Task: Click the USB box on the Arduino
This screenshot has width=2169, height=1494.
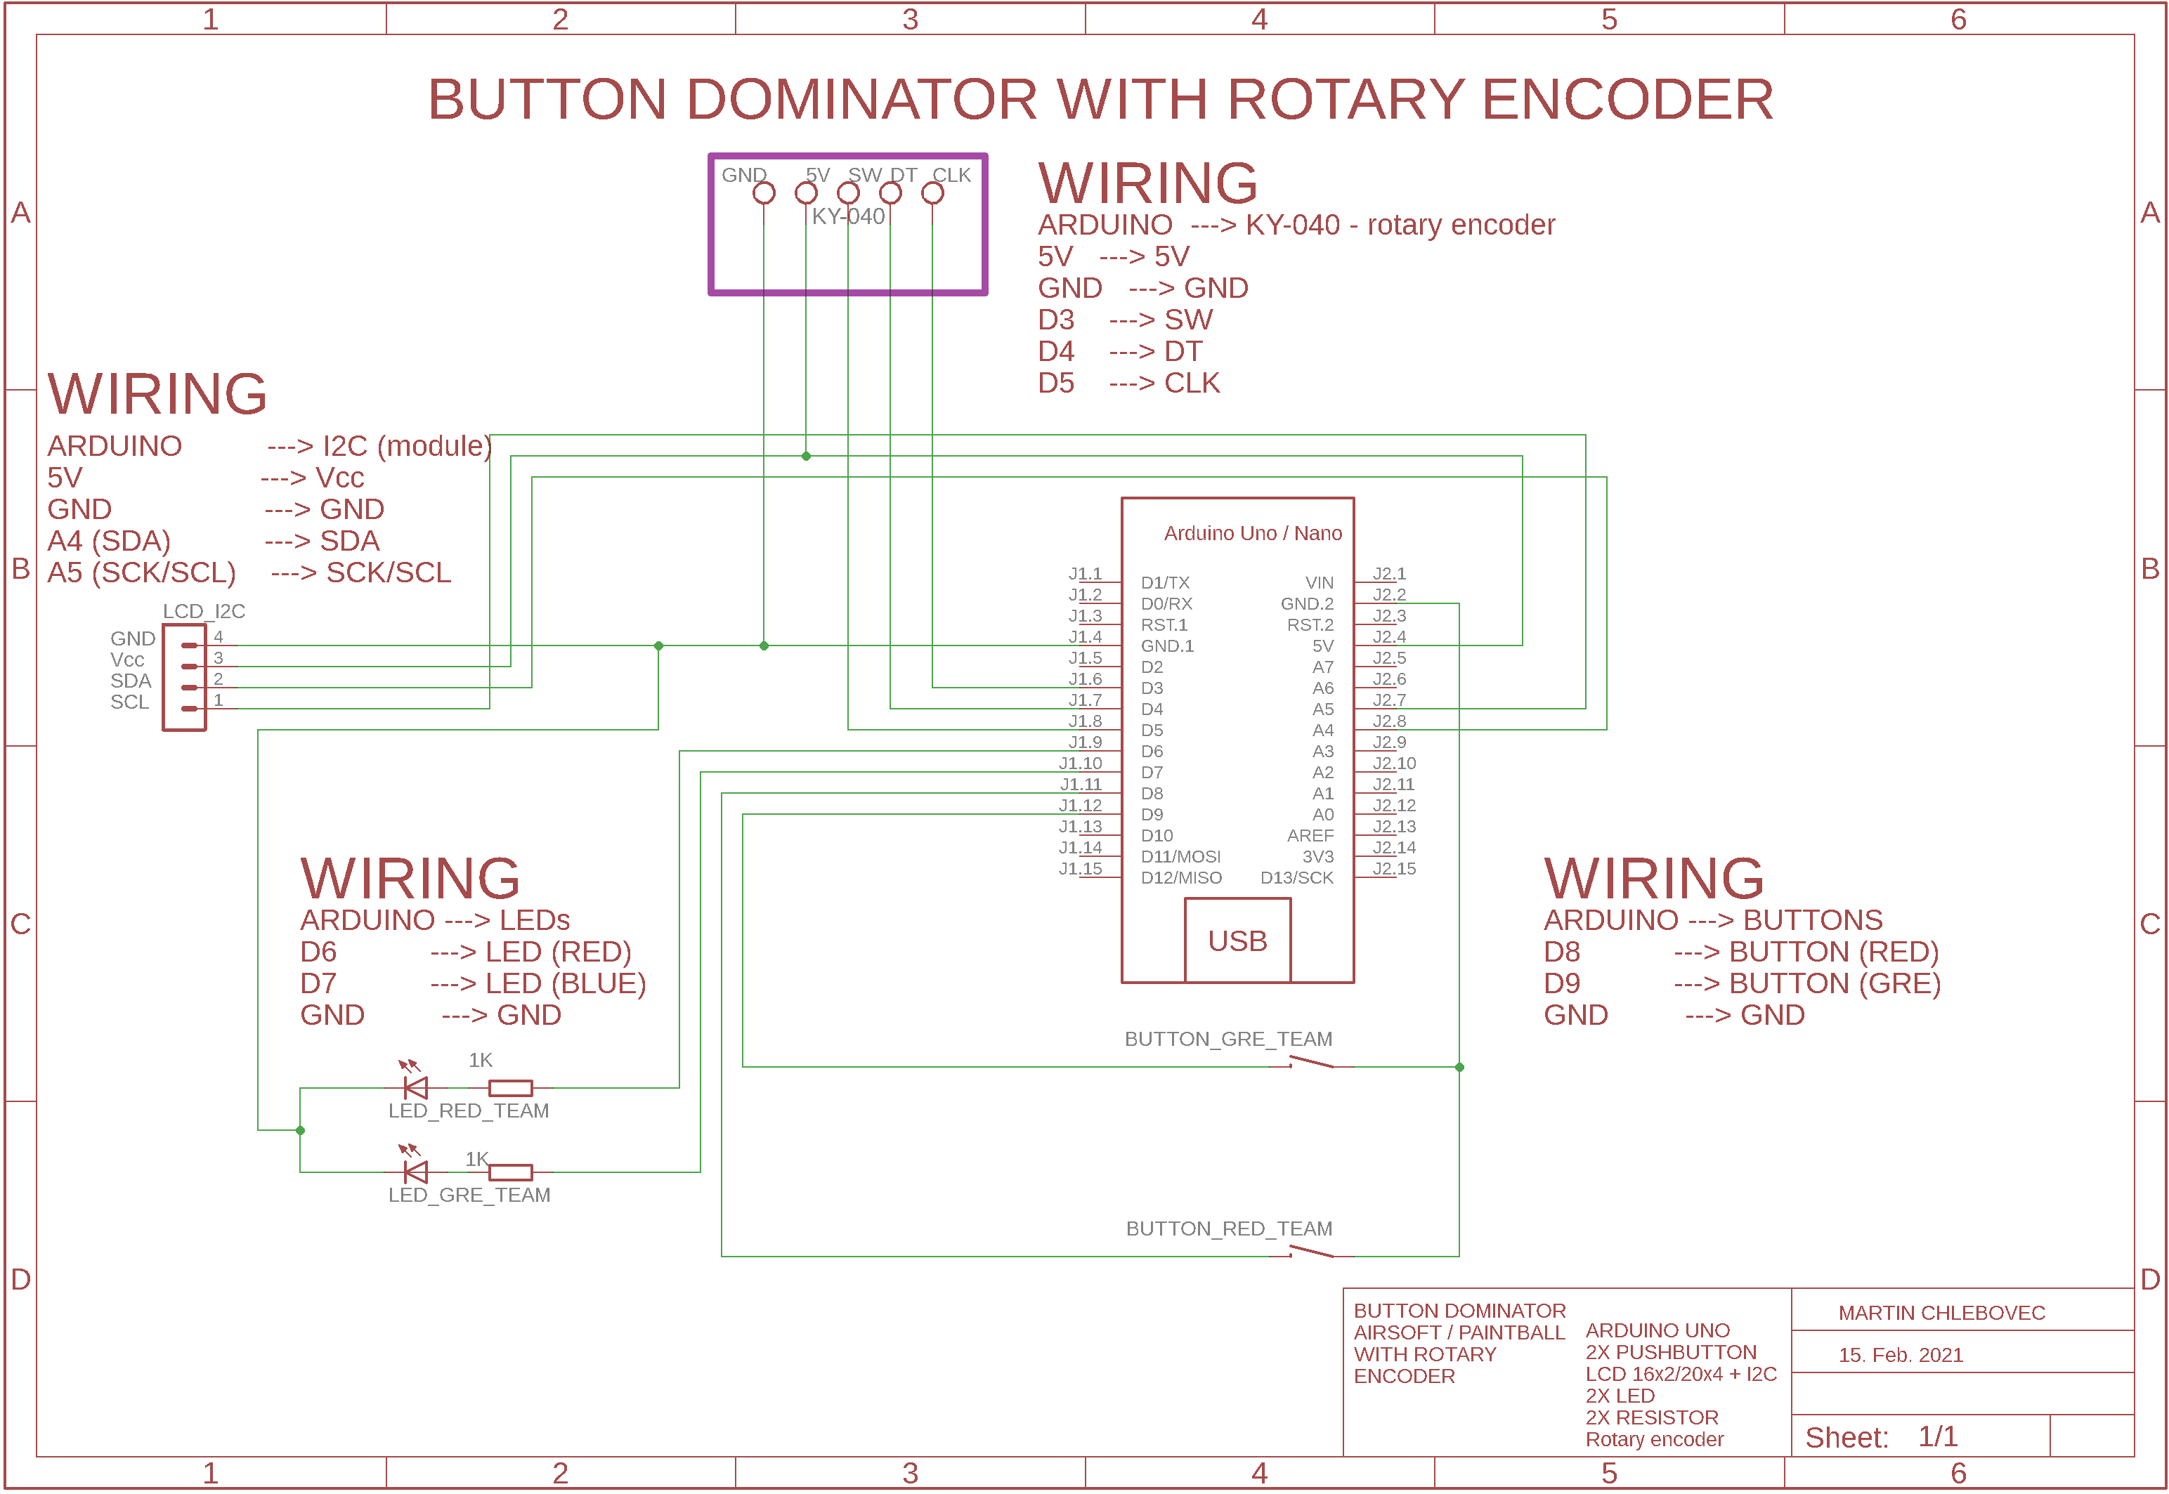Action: coord(1237,940)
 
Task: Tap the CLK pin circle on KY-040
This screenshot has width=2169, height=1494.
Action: coord(932,193)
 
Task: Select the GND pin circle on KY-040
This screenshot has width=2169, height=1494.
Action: coord(764,193)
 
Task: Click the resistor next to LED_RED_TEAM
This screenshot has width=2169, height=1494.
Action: coord(510,1088)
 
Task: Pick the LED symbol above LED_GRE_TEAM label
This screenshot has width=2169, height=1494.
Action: coord(415,1171)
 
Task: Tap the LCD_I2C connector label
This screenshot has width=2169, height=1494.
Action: coord(204,611)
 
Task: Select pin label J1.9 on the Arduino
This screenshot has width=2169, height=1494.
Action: coord(1086,742)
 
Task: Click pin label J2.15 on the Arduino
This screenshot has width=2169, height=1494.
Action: coord(1394,869)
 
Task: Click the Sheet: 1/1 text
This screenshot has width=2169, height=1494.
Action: coord(1881,1437)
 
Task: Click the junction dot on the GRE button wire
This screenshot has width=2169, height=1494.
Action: coord(1459,1067)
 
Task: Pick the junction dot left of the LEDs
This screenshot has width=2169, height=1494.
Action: coord(301,1130)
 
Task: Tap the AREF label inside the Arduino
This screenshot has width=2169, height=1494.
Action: coord(1310,836)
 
